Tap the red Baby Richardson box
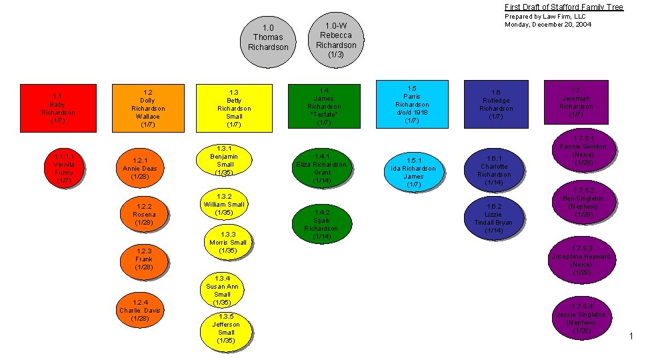tap(58, 108)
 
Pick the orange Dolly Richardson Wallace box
tap(148, 108)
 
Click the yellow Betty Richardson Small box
tap(234, 108)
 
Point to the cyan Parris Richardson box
tap(412, 104)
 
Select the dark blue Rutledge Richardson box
tap(496, 105)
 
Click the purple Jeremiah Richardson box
tap(576, 102)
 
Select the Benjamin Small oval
tap(225, 160)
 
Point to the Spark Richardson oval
tap(321, 224)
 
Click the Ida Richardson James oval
tap(413, 172)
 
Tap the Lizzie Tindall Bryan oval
tap(494, 219)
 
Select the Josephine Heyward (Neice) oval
tap(581, 260)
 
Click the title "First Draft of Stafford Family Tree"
tap(563, 7)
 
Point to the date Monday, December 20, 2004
tap(548, 25)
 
